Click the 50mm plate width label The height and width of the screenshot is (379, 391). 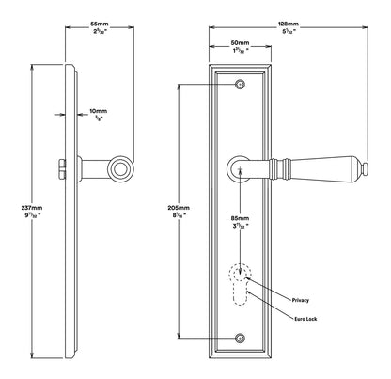[x=239, y=43]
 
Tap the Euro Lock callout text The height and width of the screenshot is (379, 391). [x=305, y=322]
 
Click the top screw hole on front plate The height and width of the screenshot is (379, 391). [x=240, y=86]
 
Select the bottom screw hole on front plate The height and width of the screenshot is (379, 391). [x=240, y=337]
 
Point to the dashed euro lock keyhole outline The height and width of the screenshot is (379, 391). [x=242, y=291]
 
